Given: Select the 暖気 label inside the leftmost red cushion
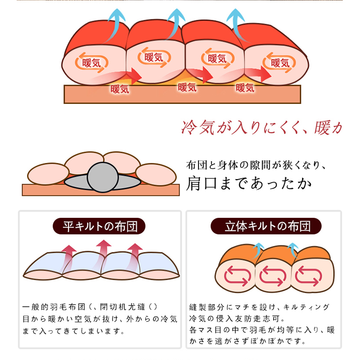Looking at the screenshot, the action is pos(92,63).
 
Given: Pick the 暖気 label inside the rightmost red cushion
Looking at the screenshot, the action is pos(280,63).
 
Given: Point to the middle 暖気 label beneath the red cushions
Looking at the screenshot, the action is pos(187,87).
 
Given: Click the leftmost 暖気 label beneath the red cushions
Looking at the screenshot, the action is pos(120,88).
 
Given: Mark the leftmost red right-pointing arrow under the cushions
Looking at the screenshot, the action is pos(130,76).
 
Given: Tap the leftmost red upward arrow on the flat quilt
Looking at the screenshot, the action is pos(69,256).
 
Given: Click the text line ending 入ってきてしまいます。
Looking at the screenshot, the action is pos(72,332).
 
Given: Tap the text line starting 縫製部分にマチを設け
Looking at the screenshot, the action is pos(260,307).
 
